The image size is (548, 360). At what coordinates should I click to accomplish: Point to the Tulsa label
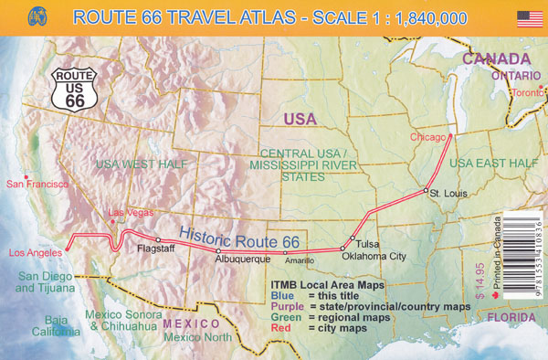(x=367, y=244)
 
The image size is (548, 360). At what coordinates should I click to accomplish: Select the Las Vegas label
(x=127, y=214)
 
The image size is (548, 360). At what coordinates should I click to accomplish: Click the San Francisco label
(x=37, y=184)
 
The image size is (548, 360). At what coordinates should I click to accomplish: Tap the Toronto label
(x=525, y=93)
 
